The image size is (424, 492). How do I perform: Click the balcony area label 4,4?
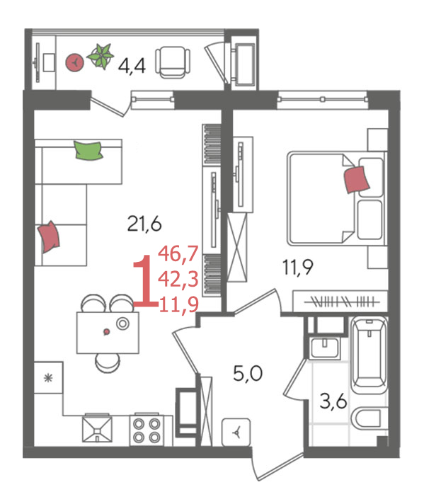pyautogui.click(x=132, y=66)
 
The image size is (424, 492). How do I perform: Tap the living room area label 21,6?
pyautogui.click(x=144, y=224)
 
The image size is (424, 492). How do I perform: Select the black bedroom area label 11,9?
pyautogui.click(x=297, y=268)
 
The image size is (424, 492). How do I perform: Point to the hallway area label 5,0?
pyautogui.click(x=248, y=373)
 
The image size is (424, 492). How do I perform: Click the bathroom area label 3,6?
pyautogui.click(x=333, y=401)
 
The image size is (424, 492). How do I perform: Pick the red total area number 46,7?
pyautogui.click(x=178, y=254)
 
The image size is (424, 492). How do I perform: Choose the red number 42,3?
pyautogui.click(x=178, y=279)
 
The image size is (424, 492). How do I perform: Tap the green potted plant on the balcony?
pyautogui.click(x=101, y=56)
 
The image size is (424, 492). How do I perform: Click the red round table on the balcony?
pyautogui.click(x=75, y=62)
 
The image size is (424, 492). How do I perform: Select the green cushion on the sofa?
pyautogui.click(x=88, y=151)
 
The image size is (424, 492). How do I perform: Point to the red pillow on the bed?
pyautogui.click(x=357, y=180)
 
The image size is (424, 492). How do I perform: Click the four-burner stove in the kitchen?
pyautogui.click(x=147, y=430)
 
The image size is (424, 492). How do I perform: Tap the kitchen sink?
pyautogui.click(x=97, y=429)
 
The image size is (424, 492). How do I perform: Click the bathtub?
pyautogui.click(x=369, y=355)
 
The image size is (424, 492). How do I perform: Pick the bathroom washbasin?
pyautogui.click(x=324, y=348)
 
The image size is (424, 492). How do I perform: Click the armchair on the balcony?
pyautogui.click(x=173, y=62)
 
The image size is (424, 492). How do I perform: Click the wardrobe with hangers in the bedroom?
pyautogui.click(x=340, y=302)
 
